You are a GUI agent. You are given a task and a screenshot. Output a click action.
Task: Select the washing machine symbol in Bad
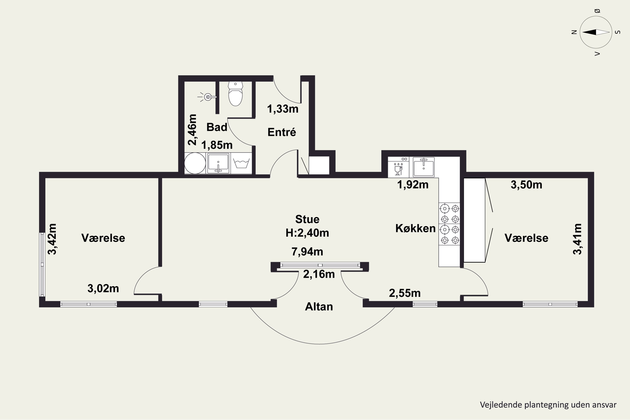pyautogui.click(x=241, y=163)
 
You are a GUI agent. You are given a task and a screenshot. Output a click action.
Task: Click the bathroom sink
pyautogui.click(x=218, y=163)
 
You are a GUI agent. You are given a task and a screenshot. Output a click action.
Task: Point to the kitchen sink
pyautogui.click(x=424, y=167)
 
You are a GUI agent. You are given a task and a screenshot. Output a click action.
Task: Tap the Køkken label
pyautogui.click(x=415, y=228)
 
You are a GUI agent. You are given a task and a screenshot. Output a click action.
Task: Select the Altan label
pyautogui.click(x=319, y=307)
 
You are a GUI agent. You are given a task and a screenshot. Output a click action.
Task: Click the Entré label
pyautogui.click(x=282, y=132)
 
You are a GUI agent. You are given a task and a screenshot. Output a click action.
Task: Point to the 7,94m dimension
pyautogui.click(x=307, y=252)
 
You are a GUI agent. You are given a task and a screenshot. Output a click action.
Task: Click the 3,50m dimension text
pyautogui.click(x=526, y=185)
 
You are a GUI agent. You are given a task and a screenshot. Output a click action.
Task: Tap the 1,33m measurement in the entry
pyautogui.click(x=283, y=109)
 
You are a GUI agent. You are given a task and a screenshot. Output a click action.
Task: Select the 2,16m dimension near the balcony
pyautogui.click(x=319, y=274)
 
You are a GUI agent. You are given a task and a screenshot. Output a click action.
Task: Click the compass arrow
pyautogui.click(x=596, y=32)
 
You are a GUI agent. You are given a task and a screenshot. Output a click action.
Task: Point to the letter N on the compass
pyautogui.click(x=574, y=32)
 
